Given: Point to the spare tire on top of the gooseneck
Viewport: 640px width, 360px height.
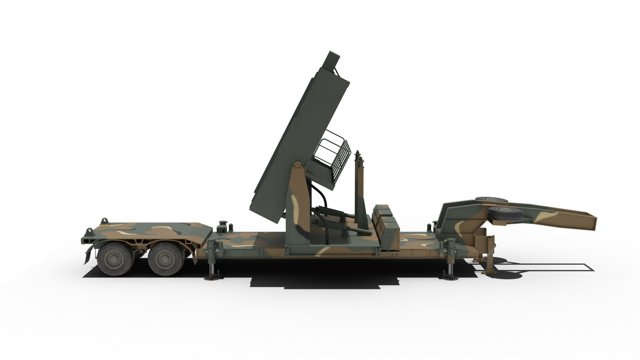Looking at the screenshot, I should click(x=491, y=199).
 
